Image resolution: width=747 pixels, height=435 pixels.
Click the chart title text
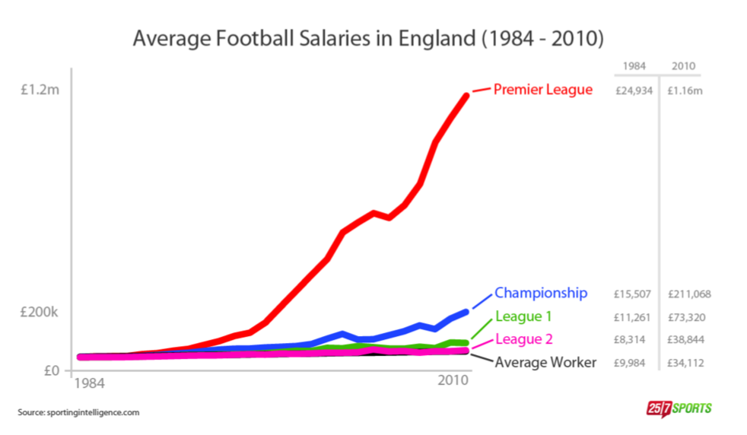click(368, 38)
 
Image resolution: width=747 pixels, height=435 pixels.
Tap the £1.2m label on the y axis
click(40, 90)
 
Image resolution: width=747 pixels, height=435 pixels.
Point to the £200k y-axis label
click(40, 313)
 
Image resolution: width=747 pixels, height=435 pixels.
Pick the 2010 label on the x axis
click(453, 380)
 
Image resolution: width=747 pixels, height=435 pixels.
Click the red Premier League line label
click(542, 90)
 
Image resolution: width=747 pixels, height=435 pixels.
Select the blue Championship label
click(541, 293)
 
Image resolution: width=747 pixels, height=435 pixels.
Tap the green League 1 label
click(523, 316)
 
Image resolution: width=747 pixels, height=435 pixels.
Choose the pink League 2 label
click(523, 339)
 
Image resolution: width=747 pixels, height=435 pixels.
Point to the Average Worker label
click(545, 363)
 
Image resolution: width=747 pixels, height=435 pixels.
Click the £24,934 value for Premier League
click(634, 90)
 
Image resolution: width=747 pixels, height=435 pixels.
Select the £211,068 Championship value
click(689, 294)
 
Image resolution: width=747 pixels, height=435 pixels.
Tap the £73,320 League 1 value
click(686, 316)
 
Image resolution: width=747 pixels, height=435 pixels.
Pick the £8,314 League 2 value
click(630, 339)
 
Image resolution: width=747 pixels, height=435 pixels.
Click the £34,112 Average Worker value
click(686, 363)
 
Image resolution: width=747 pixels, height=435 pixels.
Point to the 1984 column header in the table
click(634, 66)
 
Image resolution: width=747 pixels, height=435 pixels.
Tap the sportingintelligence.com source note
click(78, 412)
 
